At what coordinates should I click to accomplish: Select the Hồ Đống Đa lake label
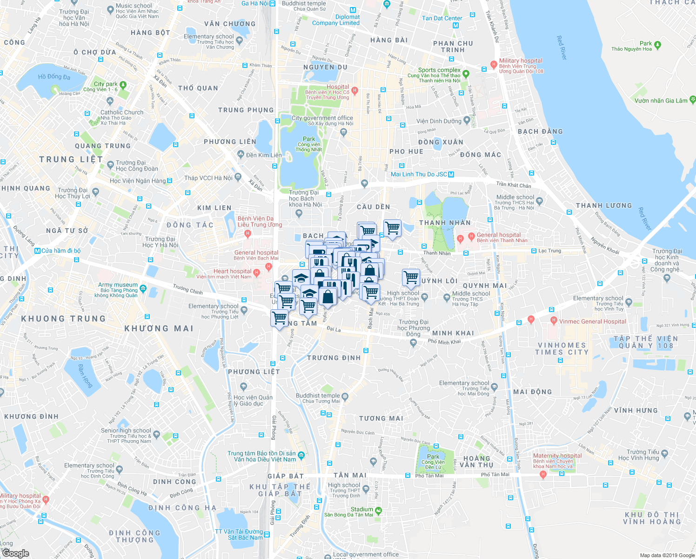coord(54,76)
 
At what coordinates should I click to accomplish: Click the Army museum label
coord(118,285)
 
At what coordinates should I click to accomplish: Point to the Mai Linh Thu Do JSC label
coord(419,174)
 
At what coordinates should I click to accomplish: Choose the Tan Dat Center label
coord(442,18)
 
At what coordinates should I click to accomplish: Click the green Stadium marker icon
coord(378,510)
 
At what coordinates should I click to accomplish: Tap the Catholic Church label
coord(122,112)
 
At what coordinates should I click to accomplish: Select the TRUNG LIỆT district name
coord(71,159)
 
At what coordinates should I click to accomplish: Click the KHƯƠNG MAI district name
coord(159,328)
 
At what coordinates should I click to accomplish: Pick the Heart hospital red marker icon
coord(256,272)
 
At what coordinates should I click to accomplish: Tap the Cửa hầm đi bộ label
coord(60,251)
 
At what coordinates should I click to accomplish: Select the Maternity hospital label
coord(557,456)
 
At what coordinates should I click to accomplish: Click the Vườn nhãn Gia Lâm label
coord(661,100)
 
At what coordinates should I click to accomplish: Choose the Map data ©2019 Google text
coord(666,555)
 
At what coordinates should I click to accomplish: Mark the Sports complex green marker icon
coord(466,74)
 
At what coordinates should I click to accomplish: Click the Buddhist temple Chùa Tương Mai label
coord(318,396)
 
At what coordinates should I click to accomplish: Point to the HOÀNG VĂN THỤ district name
coord(476,461)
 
